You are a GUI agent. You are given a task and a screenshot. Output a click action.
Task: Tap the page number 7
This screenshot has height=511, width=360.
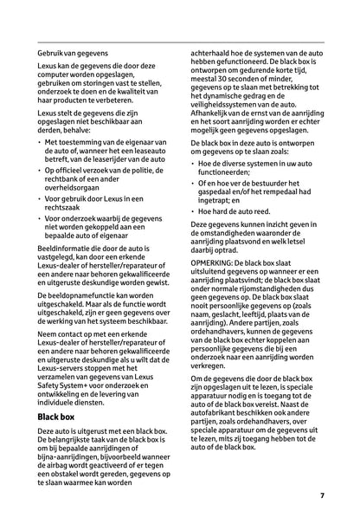pos(321,495)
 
